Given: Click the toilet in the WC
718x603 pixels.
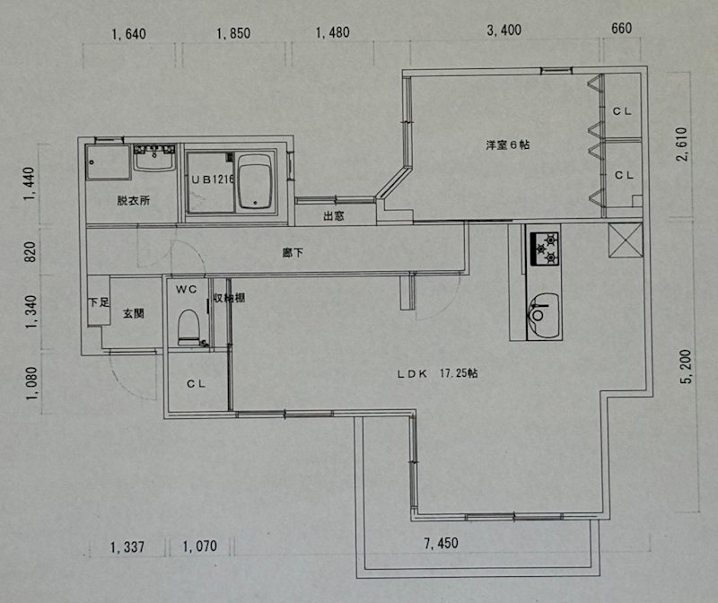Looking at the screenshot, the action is [x=188, y=328].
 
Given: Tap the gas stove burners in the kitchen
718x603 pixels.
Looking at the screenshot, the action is [x=545, y=249].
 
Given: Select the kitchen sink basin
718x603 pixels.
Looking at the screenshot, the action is [x=544, y=316].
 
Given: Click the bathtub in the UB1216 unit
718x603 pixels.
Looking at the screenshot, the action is [x=256, y=182].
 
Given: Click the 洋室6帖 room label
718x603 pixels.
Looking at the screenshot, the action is [x=507, y=144].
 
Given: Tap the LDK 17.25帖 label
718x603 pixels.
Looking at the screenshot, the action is [x=437, y=373].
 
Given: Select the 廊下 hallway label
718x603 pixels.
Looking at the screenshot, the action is [x=293, y=252].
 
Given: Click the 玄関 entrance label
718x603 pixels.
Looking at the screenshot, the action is [x=133, y=313].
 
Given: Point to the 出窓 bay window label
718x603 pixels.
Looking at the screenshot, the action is [x=333, y=215].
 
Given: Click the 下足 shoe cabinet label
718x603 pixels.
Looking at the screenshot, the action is [x=99, y=302].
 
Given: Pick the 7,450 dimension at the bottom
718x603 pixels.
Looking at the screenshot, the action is [x=441, y=544].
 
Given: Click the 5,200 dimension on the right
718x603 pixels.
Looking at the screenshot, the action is [x=686, y=366].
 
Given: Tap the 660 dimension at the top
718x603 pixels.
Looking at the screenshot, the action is [x=621, y=29].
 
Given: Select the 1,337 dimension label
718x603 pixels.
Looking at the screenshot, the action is [x=127, y=546].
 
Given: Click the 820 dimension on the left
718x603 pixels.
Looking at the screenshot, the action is [x=30, y=252].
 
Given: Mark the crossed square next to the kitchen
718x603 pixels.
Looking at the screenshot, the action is [x=626, y=240].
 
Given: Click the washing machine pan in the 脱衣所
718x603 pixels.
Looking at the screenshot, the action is [x=108, y=162].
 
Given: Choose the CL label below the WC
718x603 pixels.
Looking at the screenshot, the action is [x=196, y=384].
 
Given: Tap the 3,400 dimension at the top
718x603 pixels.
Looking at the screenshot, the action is [x=503, y=31].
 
